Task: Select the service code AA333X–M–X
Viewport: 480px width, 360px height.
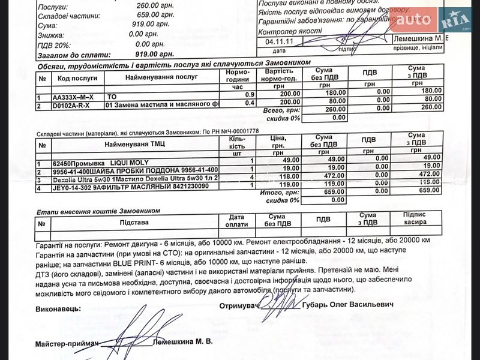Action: [73, 97]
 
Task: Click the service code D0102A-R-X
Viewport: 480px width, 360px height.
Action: [70, 106]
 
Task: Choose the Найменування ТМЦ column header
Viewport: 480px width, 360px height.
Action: [134, 145]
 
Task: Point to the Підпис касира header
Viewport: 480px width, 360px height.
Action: [415, 218]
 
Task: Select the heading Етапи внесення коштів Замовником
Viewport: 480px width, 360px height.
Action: [98, 211]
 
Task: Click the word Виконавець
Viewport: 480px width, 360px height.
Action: [58, 308]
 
